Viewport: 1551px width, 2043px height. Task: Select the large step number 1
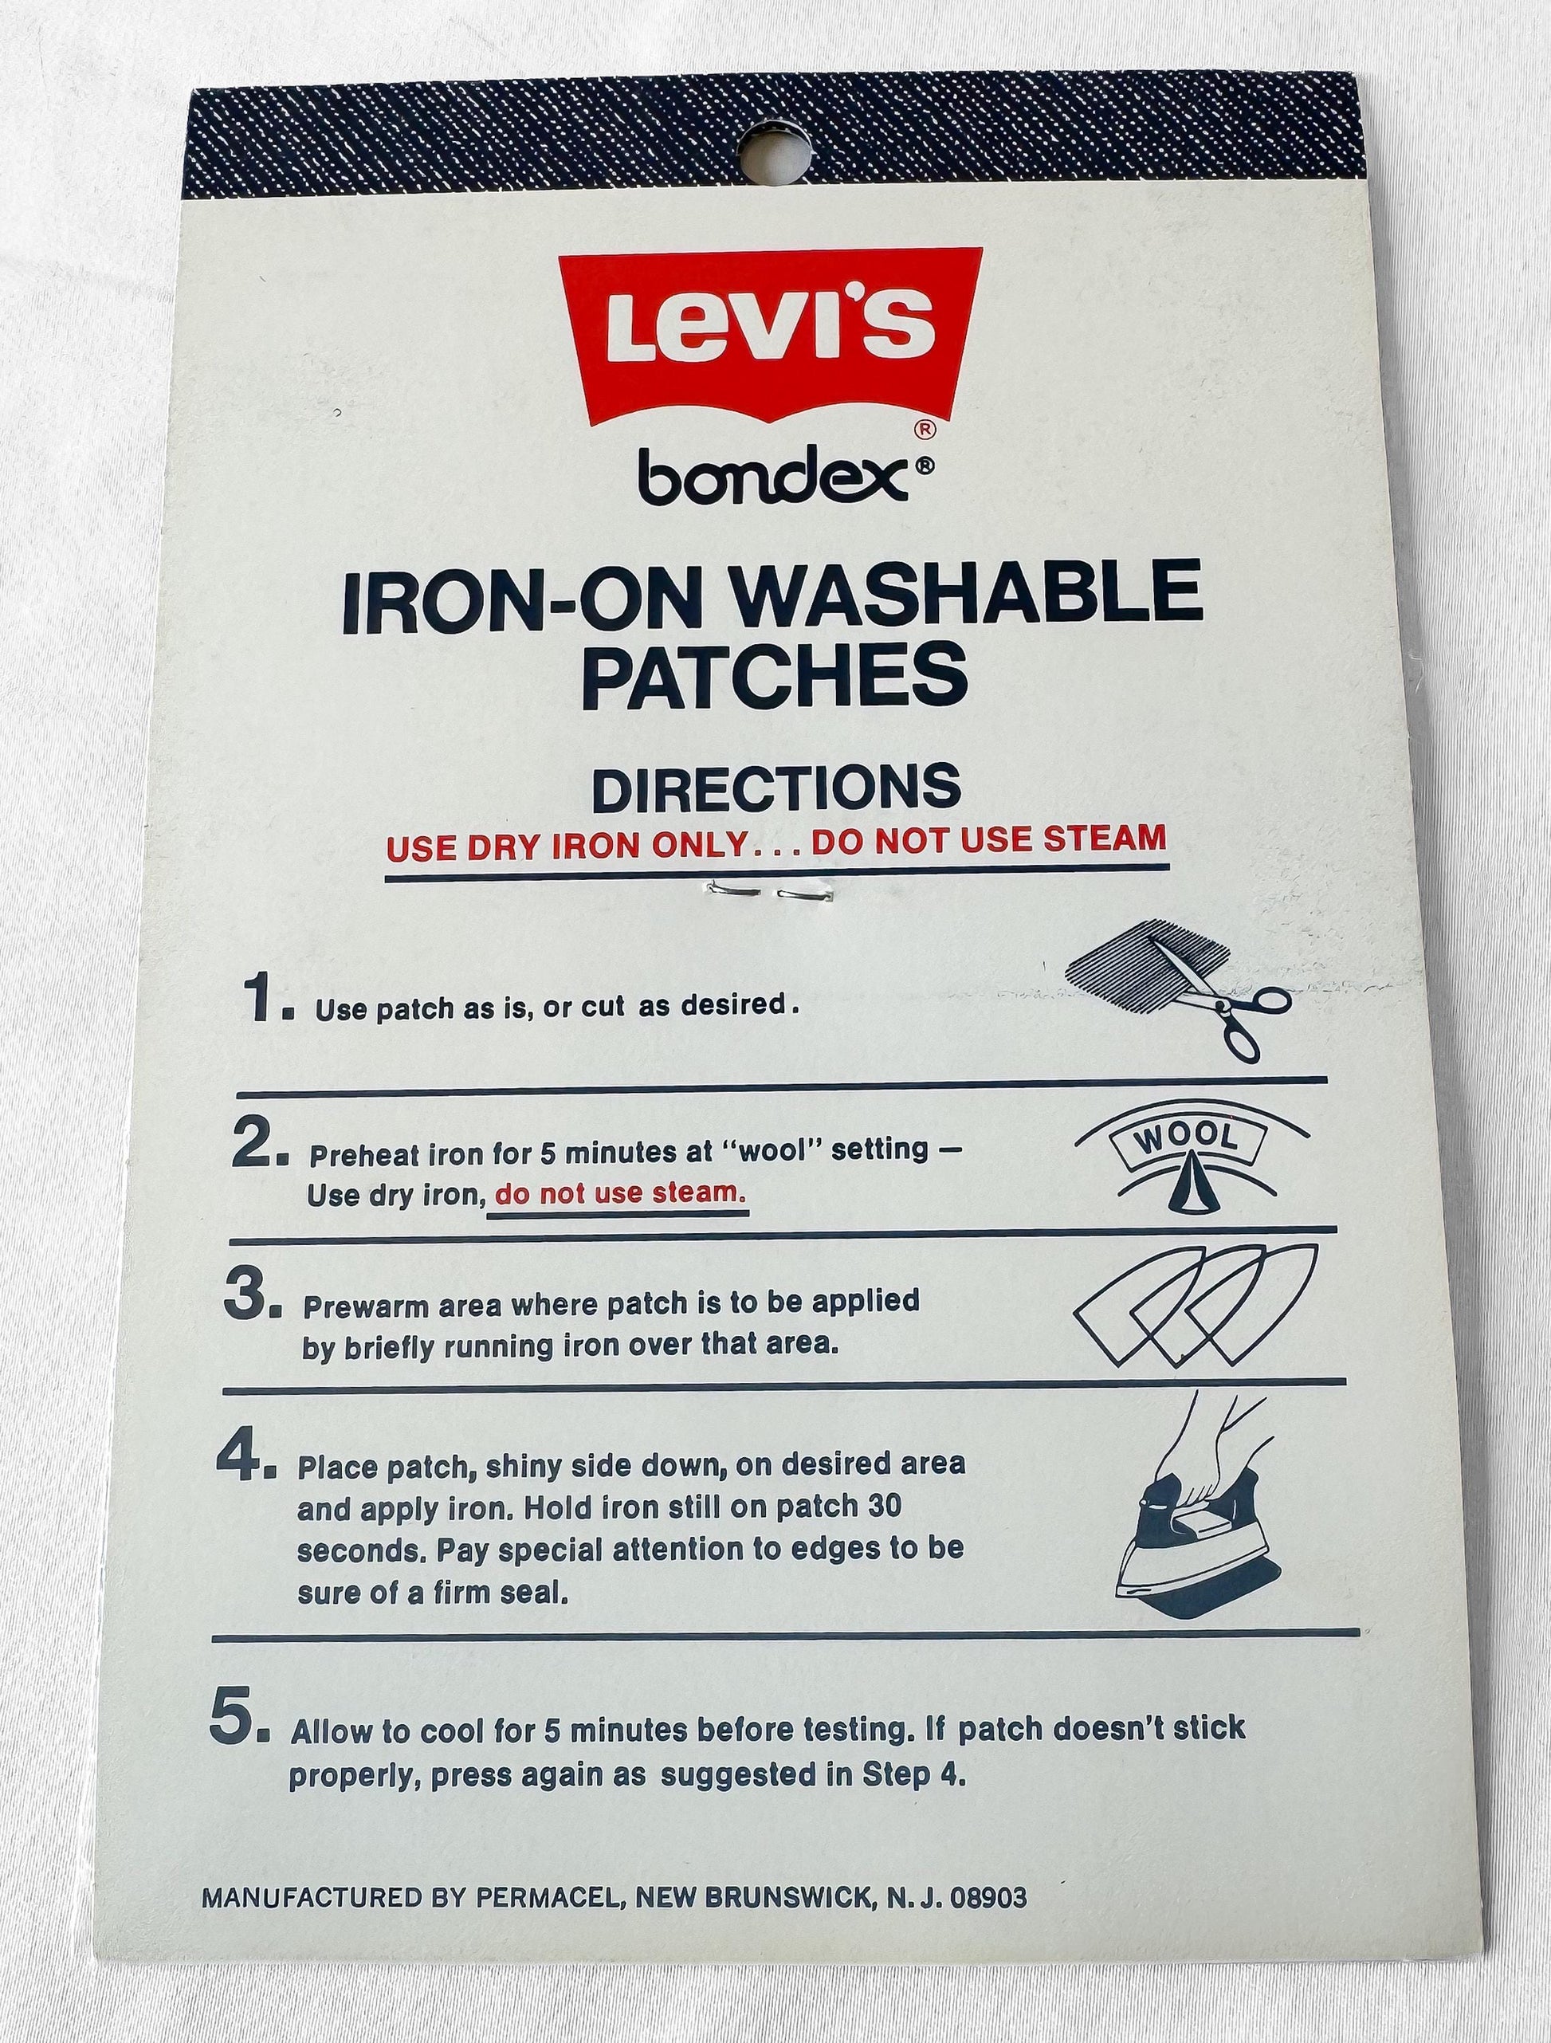click(x=266, y=1002)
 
